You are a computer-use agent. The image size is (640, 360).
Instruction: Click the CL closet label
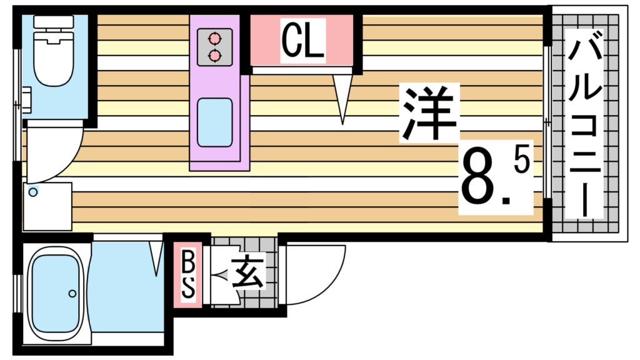coord(302,40)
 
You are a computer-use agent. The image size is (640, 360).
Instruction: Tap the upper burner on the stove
coord(214,38)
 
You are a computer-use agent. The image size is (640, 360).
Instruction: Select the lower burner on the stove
coord(214,56)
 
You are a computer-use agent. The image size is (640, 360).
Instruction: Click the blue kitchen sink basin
coord(215,122)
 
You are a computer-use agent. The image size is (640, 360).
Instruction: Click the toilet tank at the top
coord(54,22)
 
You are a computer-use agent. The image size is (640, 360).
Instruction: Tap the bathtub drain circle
coord(72,293)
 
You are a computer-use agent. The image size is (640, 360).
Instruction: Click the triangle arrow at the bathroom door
coord(156,258)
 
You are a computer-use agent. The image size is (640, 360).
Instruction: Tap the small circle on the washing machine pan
coord(32,192)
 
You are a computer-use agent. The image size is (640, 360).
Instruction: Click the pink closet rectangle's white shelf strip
coord(302,69)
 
